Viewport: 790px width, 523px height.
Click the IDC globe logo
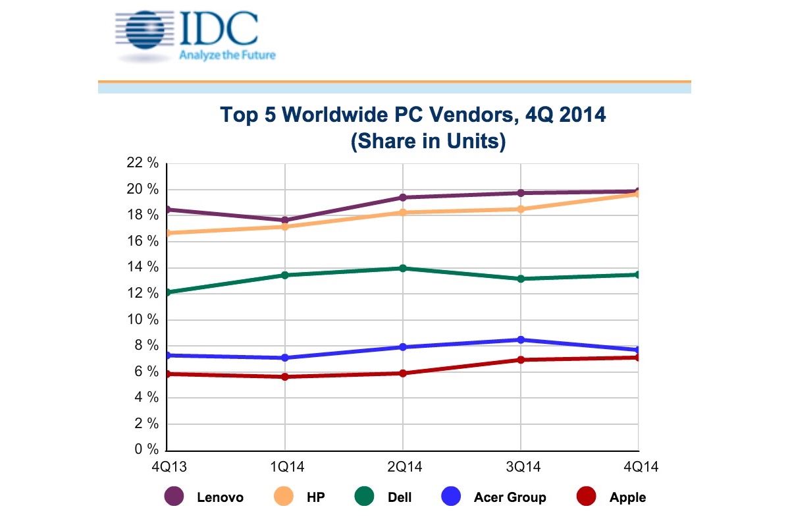click(x=143, y=30)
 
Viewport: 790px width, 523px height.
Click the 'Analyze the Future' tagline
click(x=227, y=55)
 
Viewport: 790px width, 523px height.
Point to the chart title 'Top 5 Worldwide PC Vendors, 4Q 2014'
click(x=413, y=116)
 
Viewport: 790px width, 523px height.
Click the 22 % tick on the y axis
click(x=144, y=163)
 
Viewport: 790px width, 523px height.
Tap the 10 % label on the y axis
click(x=144, y=319)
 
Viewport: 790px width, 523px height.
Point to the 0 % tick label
click(x=146, y=450)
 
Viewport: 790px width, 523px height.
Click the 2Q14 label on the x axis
click(x=402, y=466)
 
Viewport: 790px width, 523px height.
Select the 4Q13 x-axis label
click(x=167, y=466)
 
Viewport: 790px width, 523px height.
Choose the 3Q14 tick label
click(x=521, y=466)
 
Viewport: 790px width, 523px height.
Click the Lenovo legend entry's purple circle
click(x=173, y=497)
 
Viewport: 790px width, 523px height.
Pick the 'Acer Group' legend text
click(x=510, y=497)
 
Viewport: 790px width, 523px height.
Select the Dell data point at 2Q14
click(x=402, y=268)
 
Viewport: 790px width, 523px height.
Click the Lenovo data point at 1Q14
click(x=284, y=220)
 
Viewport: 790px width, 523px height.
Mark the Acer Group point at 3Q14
click(x=521, y=340)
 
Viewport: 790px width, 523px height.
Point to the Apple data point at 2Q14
click(x=402, y=373)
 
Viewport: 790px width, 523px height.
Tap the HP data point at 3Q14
click(x=521, y=209)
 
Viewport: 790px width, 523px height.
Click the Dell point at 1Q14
click(x=284, y=275)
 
